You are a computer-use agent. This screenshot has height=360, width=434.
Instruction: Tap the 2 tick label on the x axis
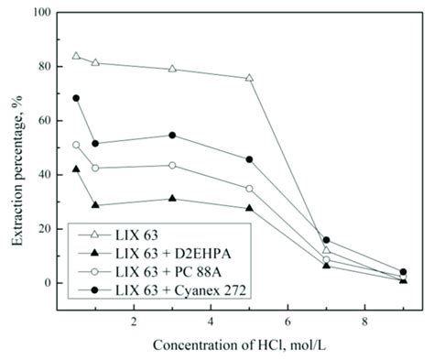(134, 322)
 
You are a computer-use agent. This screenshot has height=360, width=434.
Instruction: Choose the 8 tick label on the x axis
(364, 322)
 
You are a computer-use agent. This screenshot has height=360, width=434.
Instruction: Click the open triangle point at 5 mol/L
(249, 78)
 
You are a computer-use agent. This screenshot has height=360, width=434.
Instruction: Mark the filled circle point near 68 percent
(76, 98)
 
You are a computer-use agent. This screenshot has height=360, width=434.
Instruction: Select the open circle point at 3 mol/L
(172, 165)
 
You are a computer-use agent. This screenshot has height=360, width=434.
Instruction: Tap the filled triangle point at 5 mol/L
(249, 208)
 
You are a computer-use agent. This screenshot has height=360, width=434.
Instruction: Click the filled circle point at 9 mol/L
(403, 272)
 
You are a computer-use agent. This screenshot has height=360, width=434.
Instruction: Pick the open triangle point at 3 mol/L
(172, 69)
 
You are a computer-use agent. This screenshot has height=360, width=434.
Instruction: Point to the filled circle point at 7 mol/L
(326, 240)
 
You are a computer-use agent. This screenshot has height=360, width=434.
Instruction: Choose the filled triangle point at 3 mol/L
(172, 199)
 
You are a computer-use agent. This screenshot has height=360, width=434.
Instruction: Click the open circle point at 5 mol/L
(249, 189)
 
